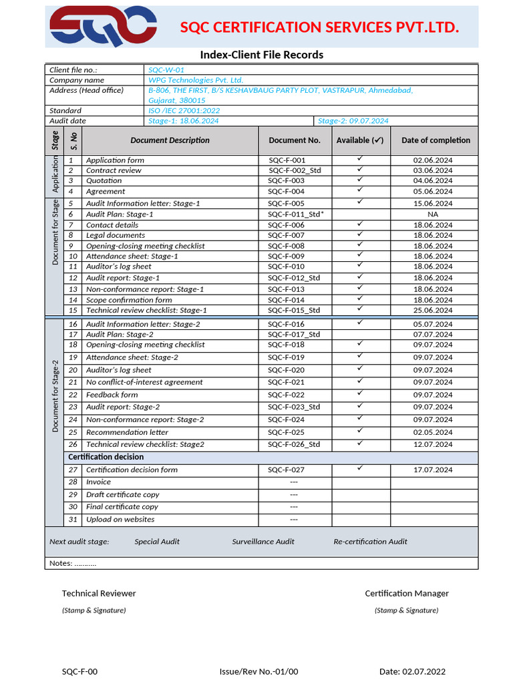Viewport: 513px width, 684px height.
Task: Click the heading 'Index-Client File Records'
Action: click(x=262, y=55)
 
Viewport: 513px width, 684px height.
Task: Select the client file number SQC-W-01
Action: click(x=166, y=69)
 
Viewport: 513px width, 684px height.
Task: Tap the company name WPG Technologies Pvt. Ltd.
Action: click(x=196, y=79)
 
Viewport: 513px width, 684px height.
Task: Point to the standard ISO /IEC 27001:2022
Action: click(x=184, y=110)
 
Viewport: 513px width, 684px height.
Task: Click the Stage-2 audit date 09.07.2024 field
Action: click(x=353, y=121)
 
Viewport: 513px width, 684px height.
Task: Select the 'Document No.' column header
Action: click(x=295, y=140)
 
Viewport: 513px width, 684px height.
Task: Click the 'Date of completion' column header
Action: click(x=436, y=140)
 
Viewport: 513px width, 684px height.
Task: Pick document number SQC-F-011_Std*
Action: click(x=296, y=214)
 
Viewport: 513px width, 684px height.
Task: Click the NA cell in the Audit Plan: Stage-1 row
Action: click(x=433, y=214)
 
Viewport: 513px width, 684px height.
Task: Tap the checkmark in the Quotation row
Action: click(x=359, y=180)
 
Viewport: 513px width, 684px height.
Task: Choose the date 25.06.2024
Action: click(x=433, y=310)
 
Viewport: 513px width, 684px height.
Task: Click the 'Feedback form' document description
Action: click(x=112, y=395)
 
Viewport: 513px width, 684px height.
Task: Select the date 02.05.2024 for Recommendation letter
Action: click(x=433, y=432)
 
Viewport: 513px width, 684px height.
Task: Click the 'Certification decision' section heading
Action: click(x=106, y=457)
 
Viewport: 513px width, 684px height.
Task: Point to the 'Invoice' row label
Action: click(x=98, y=482)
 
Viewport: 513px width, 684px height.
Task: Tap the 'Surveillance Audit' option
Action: click(x=263, y=542)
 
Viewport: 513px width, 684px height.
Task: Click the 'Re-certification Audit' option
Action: click(x=370, y=542)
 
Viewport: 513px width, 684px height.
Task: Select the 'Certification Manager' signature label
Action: click(x=406, y=593)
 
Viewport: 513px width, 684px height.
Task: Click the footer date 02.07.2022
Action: click(x=412, y=671)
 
